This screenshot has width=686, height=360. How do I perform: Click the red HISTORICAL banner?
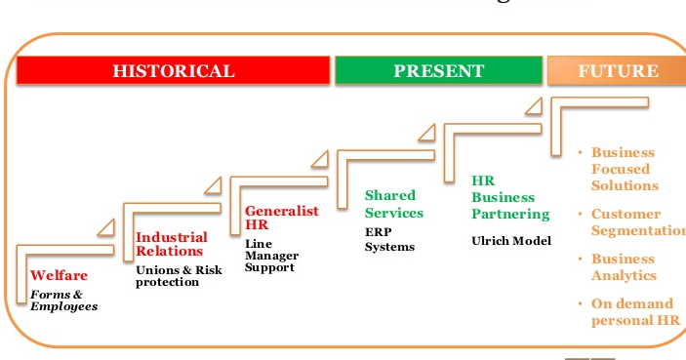tap(174, 71)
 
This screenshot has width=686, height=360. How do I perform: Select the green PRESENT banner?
tap(438, 71)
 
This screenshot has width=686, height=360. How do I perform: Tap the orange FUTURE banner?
tap(618, 71)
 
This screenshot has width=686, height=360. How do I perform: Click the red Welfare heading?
tap(59, 275)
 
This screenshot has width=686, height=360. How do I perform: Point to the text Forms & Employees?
tap(63, 300)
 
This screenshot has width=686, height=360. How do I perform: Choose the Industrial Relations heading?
tap(171, 244)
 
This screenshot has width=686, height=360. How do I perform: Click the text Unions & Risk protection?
tap(179, 276)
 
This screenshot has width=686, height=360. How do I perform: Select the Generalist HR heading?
tap(281, 218)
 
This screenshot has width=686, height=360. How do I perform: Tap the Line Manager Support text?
tap(271, 255)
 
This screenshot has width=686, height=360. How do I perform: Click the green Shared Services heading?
tap(393, 204)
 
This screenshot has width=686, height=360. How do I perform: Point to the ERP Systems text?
tap(388, 240)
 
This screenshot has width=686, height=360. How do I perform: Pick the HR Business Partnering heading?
tap(510, 197)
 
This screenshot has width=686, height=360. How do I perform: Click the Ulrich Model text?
tap(510, 240)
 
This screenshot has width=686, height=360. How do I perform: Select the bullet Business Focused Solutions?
tap(625, 169)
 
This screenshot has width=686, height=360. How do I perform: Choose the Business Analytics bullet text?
tap(623, 267)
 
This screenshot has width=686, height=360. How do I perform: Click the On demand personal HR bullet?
tap(634, 311)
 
